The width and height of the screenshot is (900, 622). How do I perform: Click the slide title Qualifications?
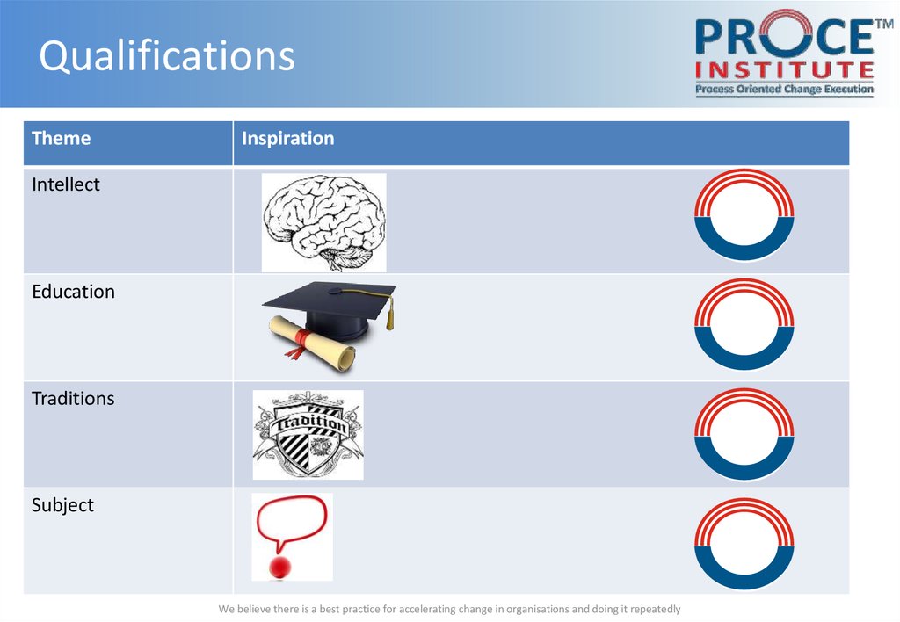point(167,56)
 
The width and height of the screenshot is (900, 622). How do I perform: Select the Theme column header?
point(61,139)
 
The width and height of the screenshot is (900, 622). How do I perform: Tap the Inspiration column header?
point(287,139)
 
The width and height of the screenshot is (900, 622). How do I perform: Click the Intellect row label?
point(66,184)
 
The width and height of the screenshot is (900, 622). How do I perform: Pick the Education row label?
point(73,292)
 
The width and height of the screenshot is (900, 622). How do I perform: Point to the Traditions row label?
point(73,399)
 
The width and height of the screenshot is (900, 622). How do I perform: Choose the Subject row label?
point(62,505)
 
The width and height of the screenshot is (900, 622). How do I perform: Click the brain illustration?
point(323,221)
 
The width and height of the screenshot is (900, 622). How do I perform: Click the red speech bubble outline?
point(292,521)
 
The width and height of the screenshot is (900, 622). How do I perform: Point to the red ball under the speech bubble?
point(280,567)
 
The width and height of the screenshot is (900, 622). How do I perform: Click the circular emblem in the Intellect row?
point(744,215)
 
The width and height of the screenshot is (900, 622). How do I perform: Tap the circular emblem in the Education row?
point(744,324)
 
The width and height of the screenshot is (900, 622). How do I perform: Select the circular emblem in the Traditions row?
point(744,434)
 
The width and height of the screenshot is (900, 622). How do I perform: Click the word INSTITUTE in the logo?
point(785,69)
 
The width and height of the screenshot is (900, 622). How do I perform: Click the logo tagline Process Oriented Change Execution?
point(785,89)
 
